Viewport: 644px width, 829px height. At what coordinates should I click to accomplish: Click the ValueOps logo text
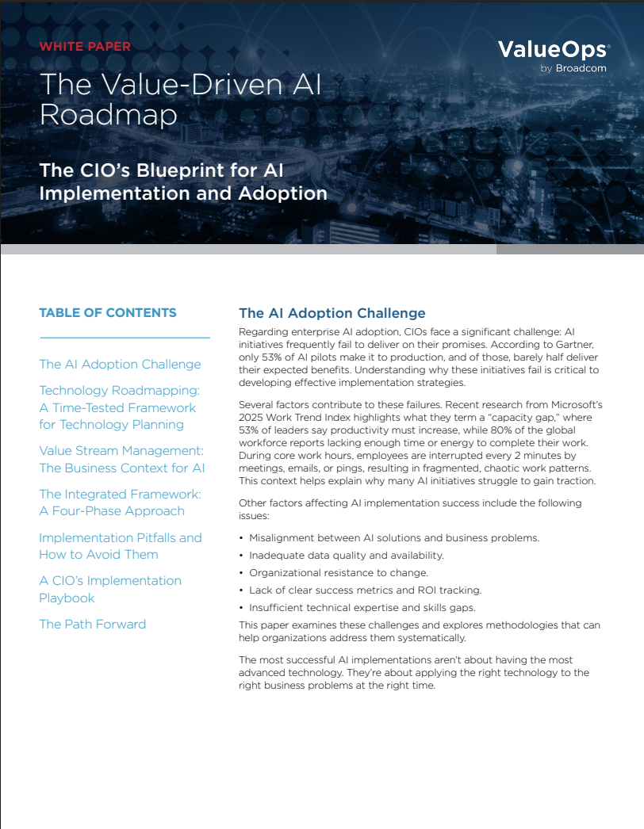click(x=553, y=51)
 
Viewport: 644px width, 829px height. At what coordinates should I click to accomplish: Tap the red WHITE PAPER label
click(x=85, y=46)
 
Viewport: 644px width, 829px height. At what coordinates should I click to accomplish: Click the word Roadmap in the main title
click(x=108, y=115)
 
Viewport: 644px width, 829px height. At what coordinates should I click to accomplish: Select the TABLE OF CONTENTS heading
click(x=108, y=312)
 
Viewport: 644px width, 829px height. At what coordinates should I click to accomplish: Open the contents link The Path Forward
click(x=93, y=624)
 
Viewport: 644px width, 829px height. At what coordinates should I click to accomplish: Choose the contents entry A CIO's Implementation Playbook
click(x=110, y=589)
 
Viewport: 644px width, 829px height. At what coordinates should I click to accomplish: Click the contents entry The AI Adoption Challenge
click(x=120, y=364)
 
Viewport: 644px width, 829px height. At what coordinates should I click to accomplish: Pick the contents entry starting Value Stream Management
click(x=122, y=459)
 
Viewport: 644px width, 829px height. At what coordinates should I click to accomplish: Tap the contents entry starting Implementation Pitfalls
click(x=121, y=545)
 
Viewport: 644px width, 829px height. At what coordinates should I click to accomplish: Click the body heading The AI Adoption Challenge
click(x=332, y=313)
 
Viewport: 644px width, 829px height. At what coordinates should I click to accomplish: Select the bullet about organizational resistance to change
click(x=339, y=572)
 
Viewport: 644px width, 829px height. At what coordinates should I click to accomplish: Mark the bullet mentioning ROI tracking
click(x=366, y=590)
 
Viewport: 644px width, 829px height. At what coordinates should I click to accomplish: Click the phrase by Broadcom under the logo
click(x=573, y=68)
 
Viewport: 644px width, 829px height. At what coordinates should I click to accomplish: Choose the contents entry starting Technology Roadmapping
click(x=119, y=407)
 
